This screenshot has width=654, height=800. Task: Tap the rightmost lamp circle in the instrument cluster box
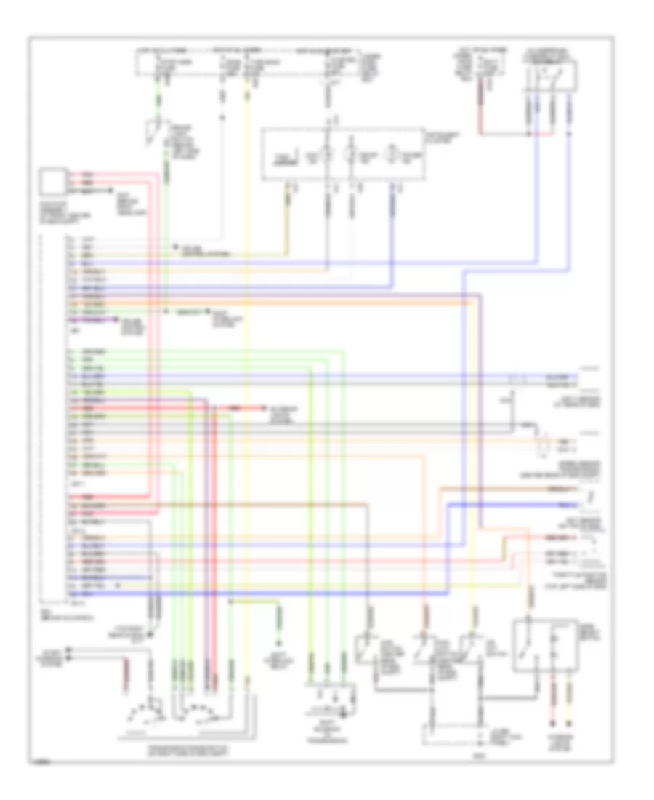click(x=392, y=156)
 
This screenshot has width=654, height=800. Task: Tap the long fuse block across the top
click(x=247, y=63)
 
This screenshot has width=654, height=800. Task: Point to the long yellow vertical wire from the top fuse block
click(x=247, y=364)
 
